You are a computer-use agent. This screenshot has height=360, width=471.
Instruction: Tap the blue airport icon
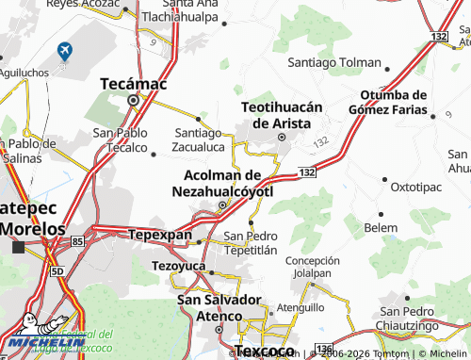point(64,51)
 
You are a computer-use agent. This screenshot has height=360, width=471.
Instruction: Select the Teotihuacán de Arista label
point(282,114)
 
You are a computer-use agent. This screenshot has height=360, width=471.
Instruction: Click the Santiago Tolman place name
point(334,63)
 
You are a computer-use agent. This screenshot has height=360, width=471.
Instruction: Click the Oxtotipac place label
point(415,187)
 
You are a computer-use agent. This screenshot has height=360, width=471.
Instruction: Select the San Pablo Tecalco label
point(120,140)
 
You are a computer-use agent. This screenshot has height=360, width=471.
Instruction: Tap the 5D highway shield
point(57,271)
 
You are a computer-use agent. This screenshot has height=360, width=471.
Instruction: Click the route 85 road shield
point(77,243)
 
